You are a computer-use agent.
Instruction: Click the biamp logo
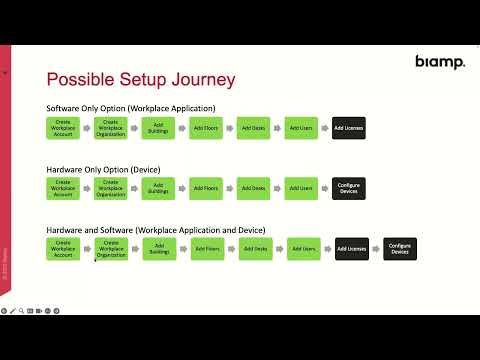point(440,62)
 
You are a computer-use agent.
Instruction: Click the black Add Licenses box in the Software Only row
point(349,128)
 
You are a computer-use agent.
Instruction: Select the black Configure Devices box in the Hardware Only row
point(349,188)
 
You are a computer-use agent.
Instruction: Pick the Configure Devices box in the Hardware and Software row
point(400,249)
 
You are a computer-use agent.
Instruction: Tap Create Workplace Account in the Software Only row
point(63,128)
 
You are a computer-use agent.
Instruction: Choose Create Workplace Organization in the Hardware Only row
point(111,188)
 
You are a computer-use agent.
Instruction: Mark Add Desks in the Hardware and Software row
point(256,249)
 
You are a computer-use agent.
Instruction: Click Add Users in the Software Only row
point(301,128)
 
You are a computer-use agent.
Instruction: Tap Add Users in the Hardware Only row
point(301,188)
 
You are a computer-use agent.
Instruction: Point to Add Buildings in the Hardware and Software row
point(159,249)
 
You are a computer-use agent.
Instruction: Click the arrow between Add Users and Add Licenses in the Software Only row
point(325,128)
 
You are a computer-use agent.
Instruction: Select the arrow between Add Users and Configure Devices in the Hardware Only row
point(325,188)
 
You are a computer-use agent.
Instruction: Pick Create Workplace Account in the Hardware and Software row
point(63,249)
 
